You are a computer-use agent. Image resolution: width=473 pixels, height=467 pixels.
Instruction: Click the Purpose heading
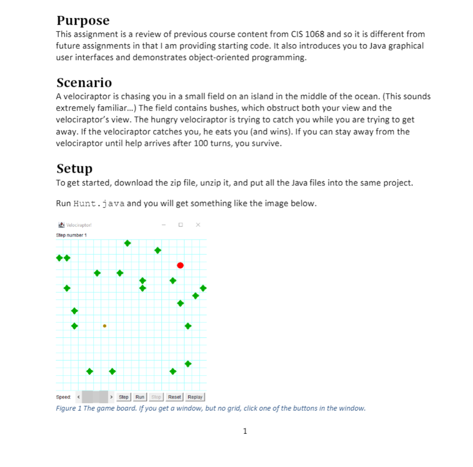(x=83, y=21)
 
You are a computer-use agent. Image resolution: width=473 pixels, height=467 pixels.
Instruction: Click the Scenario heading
(x=84, y=83)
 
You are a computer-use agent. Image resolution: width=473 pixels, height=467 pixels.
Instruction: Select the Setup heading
(x=74, y=168)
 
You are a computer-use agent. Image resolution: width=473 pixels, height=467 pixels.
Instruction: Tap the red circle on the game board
(x=180, y=265)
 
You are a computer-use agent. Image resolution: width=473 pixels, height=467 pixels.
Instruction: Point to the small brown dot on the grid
(x=104, y=326)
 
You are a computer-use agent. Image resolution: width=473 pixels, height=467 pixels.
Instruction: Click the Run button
(x=140, y=397)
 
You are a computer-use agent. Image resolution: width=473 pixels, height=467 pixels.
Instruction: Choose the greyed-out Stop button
(x=156, y=397)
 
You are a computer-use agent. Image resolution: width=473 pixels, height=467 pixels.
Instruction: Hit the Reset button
(x=175, y=397)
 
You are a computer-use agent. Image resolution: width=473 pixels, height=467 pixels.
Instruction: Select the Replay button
(x=195, y=397)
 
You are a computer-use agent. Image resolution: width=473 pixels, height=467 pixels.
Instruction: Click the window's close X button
(x=198, y=225)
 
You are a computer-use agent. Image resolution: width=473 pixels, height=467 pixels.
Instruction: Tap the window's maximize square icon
(x=181, y=225)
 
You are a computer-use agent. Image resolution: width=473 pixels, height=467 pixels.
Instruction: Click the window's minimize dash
(x=164, y=225)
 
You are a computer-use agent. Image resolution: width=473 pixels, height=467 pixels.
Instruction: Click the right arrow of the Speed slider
(x=112, y=397)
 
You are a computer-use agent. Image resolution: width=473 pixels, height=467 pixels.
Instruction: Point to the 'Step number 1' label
(x=71, y=235)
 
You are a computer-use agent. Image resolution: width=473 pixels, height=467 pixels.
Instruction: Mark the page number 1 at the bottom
(x=244, y=431)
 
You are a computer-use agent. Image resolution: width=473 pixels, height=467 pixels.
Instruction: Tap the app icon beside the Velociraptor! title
(x=60, y=225)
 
